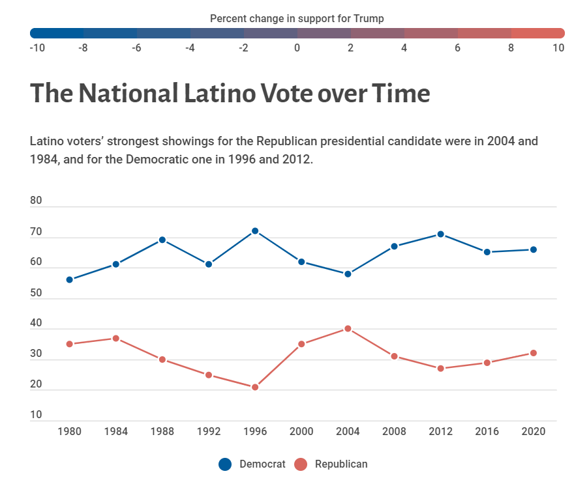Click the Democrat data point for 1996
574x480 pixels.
click(x=255, y=231)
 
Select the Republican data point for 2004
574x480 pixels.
click(x=348, y=329)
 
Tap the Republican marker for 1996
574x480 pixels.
click(x=255, y=387)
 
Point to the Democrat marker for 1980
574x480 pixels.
click(x=69, y=279)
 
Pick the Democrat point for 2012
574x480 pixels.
click(x=440, y=234)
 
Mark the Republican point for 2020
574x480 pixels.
click(x=533, y=353)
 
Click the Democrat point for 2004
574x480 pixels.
click(x=348, y=274)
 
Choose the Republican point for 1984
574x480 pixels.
click(x=115, y=338)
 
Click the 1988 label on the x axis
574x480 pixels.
click(x=162, y=432)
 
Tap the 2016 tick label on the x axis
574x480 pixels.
click(x=487, y=432)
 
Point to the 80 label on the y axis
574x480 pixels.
click(x=36, y=201)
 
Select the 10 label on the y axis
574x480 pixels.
click(x=36, y=415)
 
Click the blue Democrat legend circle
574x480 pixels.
click(x=225, y=464)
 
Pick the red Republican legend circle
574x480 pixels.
click(x=301, y=464)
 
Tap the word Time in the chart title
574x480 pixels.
click(x=400, y=93)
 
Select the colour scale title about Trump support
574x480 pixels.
click(x=297, y=18)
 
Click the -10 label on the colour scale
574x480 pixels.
click(x=37, y=48)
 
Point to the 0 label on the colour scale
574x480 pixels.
click(x=297, y=48)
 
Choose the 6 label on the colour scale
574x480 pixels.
click(x=458, y=48)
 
